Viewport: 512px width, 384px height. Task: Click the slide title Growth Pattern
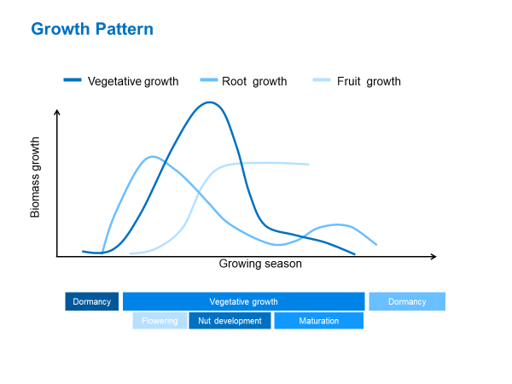92,29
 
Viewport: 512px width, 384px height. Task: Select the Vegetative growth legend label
133,82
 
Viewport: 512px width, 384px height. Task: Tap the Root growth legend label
254,82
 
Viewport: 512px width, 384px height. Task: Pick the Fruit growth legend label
369,82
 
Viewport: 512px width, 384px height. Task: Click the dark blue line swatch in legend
73,82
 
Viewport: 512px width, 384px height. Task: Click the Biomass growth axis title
36,177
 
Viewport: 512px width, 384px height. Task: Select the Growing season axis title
260,265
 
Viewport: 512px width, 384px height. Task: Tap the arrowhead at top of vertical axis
57,112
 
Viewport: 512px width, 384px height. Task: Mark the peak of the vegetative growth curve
209,102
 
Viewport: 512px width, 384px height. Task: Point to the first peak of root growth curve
152,157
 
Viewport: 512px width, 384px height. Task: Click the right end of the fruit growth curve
308,164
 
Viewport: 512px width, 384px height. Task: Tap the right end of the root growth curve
376,244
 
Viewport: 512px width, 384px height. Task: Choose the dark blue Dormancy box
92,301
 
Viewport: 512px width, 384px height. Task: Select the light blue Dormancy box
407,301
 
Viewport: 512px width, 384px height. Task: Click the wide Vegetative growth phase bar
244,301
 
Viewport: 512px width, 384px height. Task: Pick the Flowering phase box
160,321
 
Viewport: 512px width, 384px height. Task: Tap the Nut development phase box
230,321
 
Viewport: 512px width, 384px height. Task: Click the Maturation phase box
318,321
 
